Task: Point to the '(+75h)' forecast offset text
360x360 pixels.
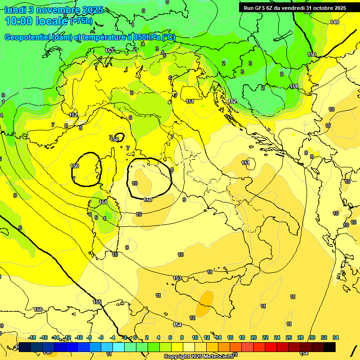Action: [x=81, y=21]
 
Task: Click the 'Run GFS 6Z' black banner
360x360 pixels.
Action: [x=294, y=7]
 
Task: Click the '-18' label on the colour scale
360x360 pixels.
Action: [x=32, y=337]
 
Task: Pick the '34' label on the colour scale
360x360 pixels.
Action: [x=336, y=337]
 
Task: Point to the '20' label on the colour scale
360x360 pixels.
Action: [x=254, y=337]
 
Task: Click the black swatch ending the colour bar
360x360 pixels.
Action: [x=330, y=347]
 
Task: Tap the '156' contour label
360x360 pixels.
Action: [x=38, y=309]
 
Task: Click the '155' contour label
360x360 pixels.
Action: [x=97, y=302]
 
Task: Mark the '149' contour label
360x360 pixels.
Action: [x=335, y=22]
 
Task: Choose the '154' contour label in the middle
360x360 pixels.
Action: [x=177, y=325]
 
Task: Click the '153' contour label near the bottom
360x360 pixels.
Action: [x=177, y=278]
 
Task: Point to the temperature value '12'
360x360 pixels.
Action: [x=192, y=318]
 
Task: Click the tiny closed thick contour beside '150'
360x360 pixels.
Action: [x=120, y=137]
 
